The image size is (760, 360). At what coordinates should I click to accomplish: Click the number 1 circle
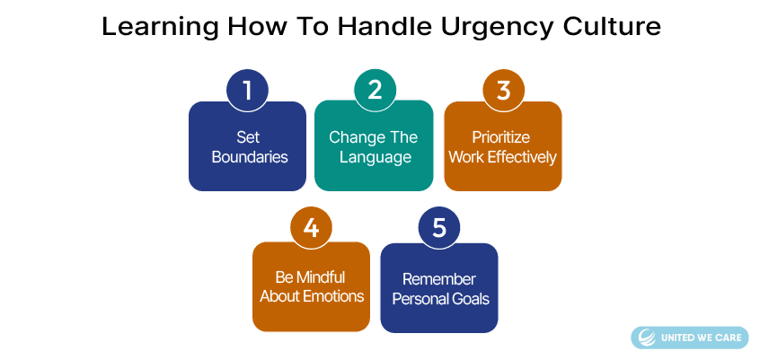click(247, 91)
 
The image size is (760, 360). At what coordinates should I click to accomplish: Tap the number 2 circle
click(375, 90)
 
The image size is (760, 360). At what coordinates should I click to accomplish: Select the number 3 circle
click(504, 91)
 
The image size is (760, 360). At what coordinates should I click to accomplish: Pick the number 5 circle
click(438, 228)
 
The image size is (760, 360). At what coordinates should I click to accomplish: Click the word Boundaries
click(250, 157)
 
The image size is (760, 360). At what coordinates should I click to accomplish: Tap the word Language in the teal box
click(376, 158)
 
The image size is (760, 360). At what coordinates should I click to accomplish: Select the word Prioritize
click(501, 137)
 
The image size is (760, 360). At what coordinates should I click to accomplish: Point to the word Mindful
click(321, 277)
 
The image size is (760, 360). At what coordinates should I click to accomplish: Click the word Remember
click(439, 279)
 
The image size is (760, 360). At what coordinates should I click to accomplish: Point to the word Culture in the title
click(612, 26)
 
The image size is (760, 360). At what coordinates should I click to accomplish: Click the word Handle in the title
click(384, 26)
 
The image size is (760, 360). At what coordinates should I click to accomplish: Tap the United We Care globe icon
click(647, 338)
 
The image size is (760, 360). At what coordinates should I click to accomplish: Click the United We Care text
click(702, 338)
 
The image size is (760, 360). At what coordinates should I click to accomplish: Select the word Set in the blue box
click(248, 137)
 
